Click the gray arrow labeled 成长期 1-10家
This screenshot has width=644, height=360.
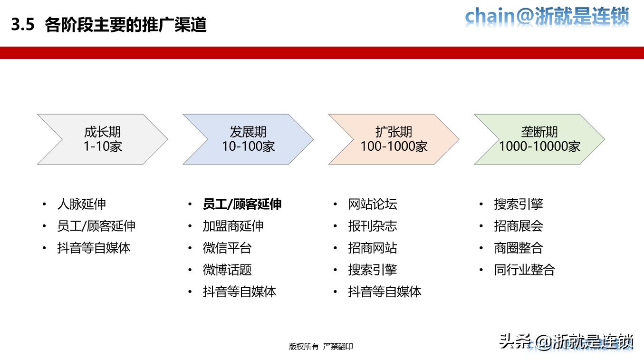coord(103,139)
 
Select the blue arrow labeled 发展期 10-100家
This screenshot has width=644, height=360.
coord(248,139)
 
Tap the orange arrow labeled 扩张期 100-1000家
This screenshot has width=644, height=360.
coord(394,139)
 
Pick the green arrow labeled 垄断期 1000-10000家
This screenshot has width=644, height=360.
coord(539,139)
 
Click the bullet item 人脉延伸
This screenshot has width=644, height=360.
coord(81,204)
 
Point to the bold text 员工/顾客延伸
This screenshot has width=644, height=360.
coord(242,204)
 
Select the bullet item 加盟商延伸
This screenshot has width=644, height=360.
coord(233,226)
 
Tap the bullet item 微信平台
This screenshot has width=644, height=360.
coord(227,248)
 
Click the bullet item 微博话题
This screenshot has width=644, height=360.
coord(227,270)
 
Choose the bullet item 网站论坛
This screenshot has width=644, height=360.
coord(372,204)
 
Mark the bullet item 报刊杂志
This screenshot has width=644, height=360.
coord(372,226)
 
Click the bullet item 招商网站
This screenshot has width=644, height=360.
coord(372,248)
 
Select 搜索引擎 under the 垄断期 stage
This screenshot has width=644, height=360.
coord(518,204)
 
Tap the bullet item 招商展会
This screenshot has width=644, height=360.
coord(518,226)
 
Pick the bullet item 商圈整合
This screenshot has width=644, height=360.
coord(518,248)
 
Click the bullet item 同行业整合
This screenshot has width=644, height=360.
coord(524,270)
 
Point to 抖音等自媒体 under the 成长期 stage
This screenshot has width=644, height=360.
coord(94,248)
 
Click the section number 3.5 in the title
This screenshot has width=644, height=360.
coord(23,25)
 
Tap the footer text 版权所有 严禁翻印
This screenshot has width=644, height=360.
coord(321,347)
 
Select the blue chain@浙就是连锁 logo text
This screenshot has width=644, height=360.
coord(547,17)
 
